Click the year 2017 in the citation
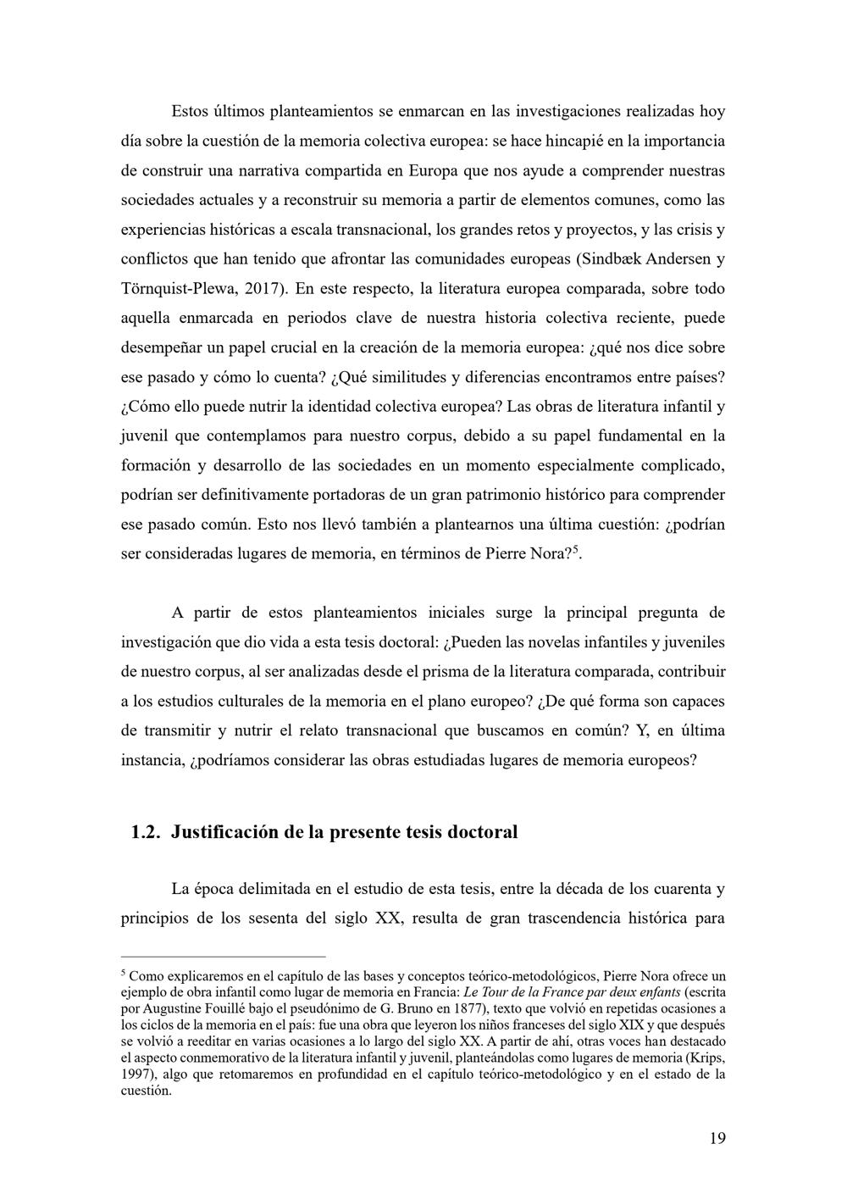point(268,289)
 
